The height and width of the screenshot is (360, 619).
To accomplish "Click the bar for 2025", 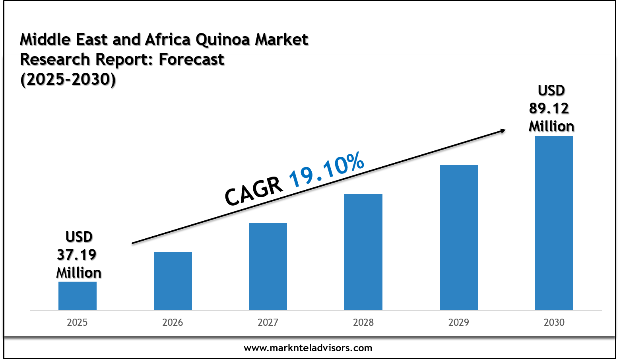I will [78, 296].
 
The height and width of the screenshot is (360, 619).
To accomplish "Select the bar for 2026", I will [173, 281].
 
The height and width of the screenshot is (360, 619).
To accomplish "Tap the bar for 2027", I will [268, 267].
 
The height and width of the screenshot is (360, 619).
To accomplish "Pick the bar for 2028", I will [363, 252].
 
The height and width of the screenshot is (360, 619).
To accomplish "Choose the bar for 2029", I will [459, 237].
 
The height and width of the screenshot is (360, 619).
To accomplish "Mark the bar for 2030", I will [554, 223].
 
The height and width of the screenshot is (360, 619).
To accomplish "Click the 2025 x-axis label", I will [78, 322].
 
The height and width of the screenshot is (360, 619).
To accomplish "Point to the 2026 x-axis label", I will [173, 322].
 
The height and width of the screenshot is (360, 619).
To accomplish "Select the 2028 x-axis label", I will [363, 322].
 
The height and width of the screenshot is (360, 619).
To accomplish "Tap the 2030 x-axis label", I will [554, 322].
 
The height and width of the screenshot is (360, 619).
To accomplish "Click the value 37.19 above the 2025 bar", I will [77, 255].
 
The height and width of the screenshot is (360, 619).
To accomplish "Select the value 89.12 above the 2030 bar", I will [549, 108].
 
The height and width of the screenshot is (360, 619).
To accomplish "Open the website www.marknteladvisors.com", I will [308, 348].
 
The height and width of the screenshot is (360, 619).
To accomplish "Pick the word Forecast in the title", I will [192, 60].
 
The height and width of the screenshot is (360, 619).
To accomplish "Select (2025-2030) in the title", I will [68, 80].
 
